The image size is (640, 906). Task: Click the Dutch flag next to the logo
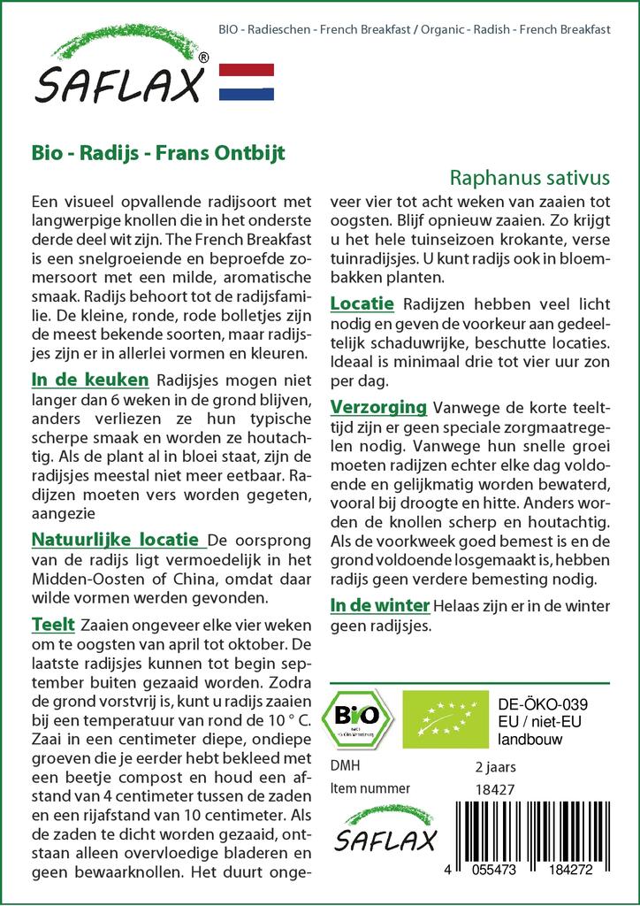(246, 82)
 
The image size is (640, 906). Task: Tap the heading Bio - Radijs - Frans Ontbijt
(158, 151)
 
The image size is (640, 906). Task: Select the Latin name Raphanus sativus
(537, 176)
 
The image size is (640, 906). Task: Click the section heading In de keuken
(89, 380)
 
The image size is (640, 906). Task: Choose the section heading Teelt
(53, 625)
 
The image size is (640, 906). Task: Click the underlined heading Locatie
(362, 303)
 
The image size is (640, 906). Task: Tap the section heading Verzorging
(378, 407)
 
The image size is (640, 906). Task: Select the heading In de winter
(379, 605)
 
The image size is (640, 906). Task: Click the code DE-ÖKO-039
(544, 703)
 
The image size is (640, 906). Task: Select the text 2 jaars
(495, 766)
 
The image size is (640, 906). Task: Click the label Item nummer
(369, 788)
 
